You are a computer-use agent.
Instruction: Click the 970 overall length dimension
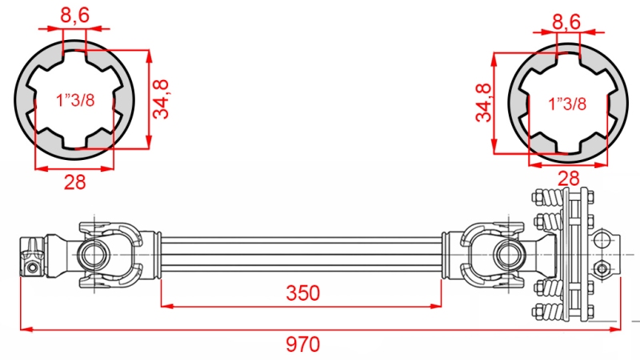coord(303,345)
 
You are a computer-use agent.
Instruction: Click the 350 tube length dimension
coord(302,294)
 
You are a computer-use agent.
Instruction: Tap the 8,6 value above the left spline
coord(74,14)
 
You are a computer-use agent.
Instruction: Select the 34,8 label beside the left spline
coord(162,99)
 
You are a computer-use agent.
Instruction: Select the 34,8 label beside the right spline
coord(483,102)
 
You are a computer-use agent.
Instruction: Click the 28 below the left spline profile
coord(74,182)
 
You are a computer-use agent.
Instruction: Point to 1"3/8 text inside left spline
coord(75,100)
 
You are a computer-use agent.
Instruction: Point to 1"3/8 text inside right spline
coord(568,103)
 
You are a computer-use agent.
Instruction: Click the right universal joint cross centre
coord(508,254)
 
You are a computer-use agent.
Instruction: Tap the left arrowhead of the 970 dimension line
coord(23,327)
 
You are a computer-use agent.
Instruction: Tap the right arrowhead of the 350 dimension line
coord(439,305)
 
